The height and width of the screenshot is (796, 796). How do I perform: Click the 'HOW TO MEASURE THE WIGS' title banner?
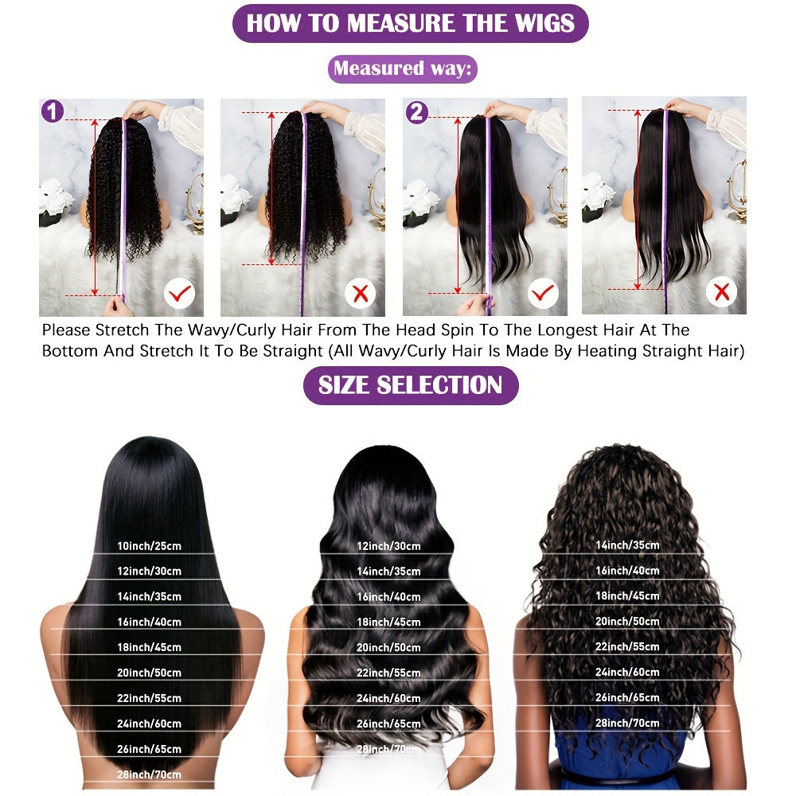pyautogui.click(x=410, y=23)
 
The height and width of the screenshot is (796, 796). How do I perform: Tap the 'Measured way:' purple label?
pyautogui.click(x=402, y=68)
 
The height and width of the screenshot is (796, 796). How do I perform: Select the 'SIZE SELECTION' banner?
pyautogui.click(x=410, y=385)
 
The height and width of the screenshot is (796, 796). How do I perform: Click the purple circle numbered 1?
pyautogui.click(x=53, y=111)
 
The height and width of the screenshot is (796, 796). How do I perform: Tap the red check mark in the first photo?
pyautogui.click(x=180, y=295)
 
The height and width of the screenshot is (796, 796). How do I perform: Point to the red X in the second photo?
pyautogui.click(x=361, y=294)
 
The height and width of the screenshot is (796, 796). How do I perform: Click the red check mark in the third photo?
pyautogui.click(x=543, y=294)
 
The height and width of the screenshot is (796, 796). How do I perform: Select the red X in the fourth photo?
pyautogui.click(x=722, y=293)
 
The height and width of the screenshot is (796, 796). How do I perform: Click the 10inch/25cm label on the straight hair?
pyautogui.click(x=150, y=545)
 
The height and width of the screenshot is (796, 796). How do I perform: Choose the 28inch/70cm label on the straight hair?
pyautogui.click(x=150, y=775)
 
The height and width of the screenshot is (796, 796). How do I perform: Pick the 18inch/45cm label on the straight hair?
pyautogui.click(x=150, y=647)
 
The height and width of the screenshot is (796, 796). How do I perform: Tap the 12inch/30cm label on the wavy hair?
pyautogui.click(x=388, y=546)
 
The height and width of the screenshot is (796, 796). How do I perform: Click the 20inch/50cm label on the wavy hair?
pyautogui.click(x=388, y=647)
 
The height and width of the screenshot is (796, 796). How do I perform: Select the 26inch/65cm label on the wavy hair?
pyautogui.click(x=388, y=724)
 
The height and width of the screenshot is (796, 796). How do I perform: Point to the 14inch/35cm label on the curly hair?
pyautogui.click(x=627, y=545)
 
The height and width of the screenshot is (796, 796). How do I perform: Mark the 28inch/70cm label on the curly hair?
pyautogui.click(x=627, y=723)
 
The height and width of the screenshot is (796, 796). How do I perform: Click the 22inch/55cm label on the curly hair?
pyautogui.click(x=627, y=646)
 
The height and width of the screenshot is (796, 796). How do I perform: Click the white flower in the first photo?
pyautogui.click(x=56, y=196)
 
